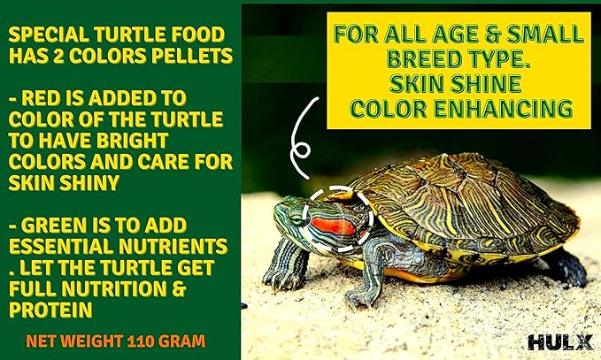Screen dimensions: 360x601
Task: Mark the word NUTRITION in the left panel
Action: pyautogui.click(x=98, y=286)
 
